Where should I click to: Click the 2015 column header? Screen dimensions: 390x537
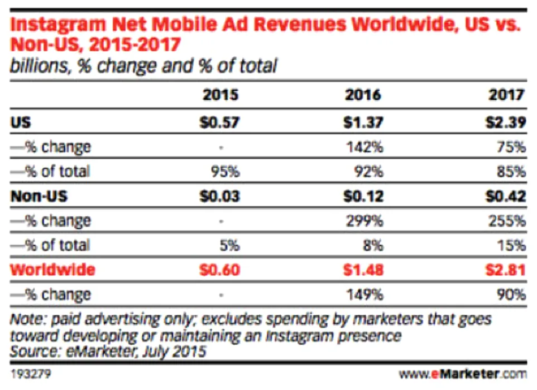pos(220,94)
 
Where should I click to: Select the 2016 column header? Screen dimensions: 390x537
pos(364,94)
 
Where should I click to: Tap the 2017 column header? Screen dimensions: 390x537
pos(507,94)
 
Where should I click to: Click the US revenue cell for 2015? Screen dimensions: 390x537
pos(220,122)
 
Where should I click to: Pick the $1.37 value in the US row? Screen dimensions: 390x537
pos(364,122)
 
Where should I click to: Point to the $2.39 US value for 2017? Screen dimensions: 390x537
pos(506,122)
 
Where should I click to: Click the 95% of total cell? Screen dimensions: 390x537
pos(225,172)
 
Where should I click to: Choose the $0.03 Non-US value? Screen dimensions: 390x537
pos(220,196)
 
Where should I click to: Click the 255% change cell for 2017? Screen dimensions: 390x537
pos(510,221)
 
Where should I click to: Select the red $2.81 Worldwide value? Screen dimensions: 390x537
pos(506,270)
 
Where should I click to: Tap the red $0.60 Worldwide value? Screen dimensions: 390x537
pos(220,270)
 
